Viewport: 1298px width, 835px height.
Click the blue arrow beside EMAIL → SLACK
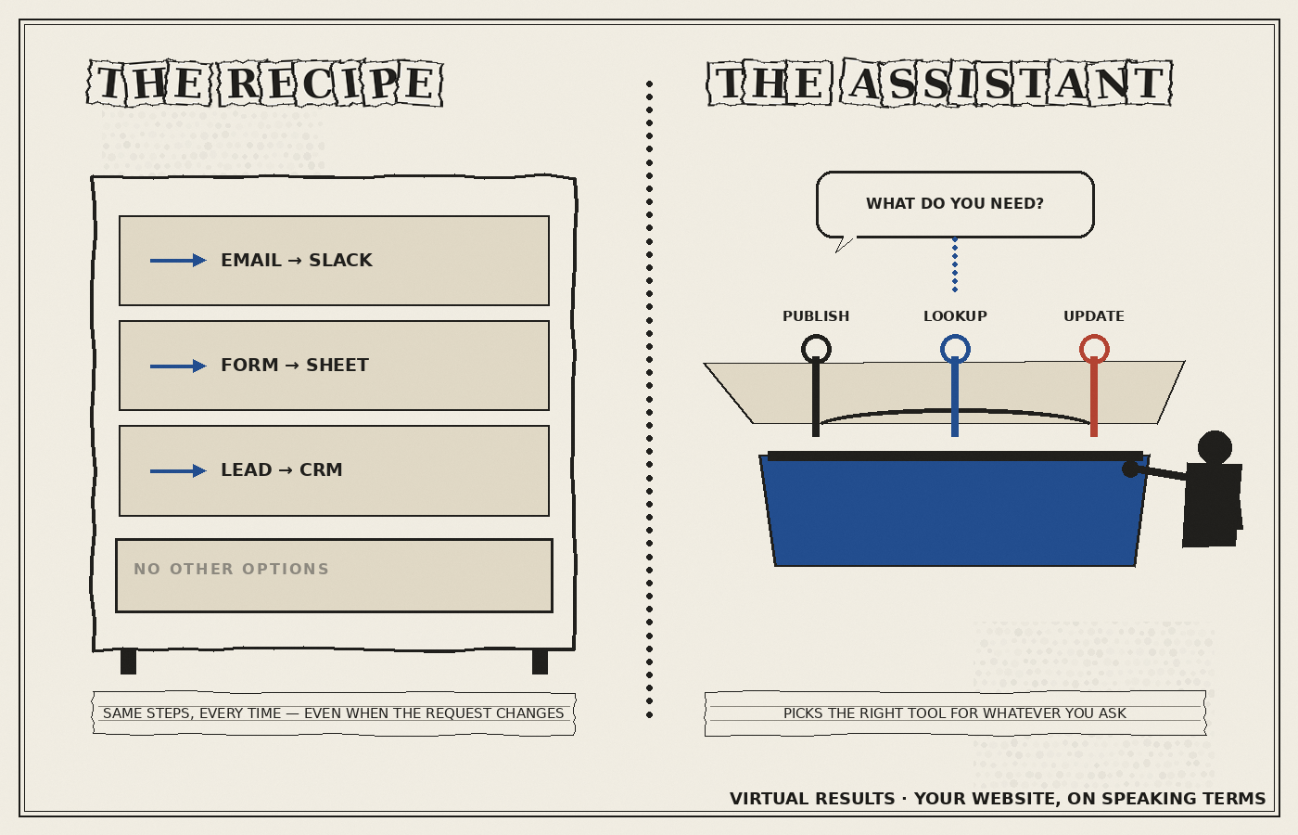(178, 261)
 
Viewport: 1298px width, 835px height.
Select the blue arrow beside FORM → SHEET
(178, 366)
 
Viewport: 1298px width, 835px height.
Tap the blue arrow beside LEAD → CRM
(178, 471)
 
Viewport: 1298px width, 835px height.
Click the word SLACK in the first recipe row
(340, 261)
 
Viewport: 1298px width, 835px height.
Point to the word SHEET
(337, 366)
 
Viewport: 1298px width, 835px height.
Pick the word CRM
(321, 469)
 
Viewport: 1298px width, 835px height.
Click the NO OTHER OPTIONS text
(231, 569)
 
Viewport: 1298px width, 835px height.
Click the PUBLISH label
(816, 316)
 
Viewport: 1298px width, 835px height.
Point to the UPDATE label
(1094, 316)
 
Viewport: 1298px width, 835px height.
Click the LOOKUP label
(955, 316)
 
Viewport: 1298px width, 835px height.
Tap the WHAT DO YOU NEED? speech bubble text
(955, 203)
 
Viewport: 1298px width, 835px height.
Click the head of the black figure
(1215, 447)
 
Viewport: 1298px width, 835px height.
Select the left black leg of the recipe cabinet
(128, 661)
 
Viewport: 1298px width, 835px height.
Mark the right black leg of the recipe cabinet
(540, 661)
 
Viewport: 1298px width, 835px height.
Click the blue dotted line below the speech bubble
(955, 264)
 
